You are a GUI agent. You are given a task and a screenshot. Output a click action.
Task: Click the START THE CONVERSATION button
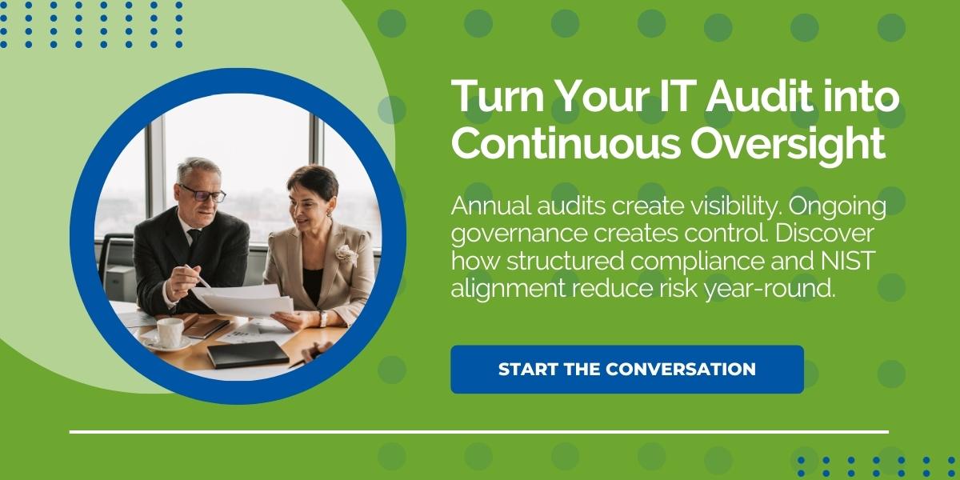pyautogui.click(x=626, y=369)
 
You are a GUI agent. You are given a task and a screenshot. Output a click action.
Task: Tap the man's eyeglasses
pyautogui.click(x=202, y=193)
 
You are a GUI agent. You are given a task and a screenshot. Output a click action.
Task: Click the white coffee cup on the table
pyautogui.click(x=169, y=332)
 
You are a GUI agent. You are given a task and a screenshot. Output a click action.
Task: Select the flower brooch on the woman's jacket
pyautogui.click(x=346, y=254)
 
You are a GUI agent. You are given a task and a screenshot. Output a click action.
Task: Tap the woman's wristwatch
pyautogui.click(x=323, y=318)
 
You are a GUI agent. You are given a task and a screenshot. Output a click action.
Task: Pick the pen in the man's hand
pyautogui.click(x=197, y=275)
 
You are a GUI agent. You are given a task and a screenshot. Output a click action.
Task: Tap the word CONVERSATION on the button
pyautogui.click(x=681, y=369)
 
